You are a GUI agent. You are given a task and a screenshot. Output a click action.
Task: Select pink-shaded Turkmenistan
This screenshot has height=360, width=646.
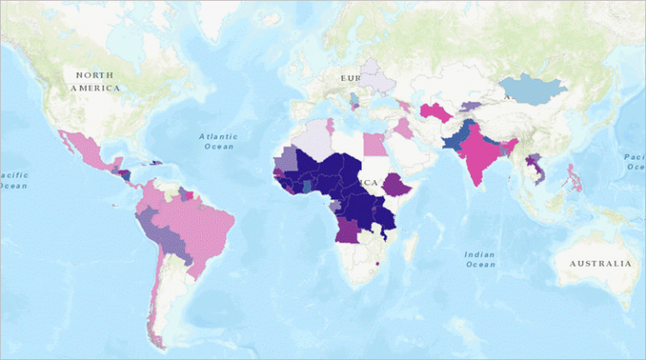pyautogui.click(x=435, y=111)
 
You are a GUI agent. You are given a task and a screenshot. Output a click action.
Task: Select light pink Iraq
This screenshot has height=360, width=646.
pyautogui.click(x=405, y=127)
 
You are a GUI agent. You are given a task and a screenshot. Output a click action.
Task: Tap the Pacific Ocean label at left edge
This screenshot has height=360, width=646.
pyautogui.click(x=12, y=179)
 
